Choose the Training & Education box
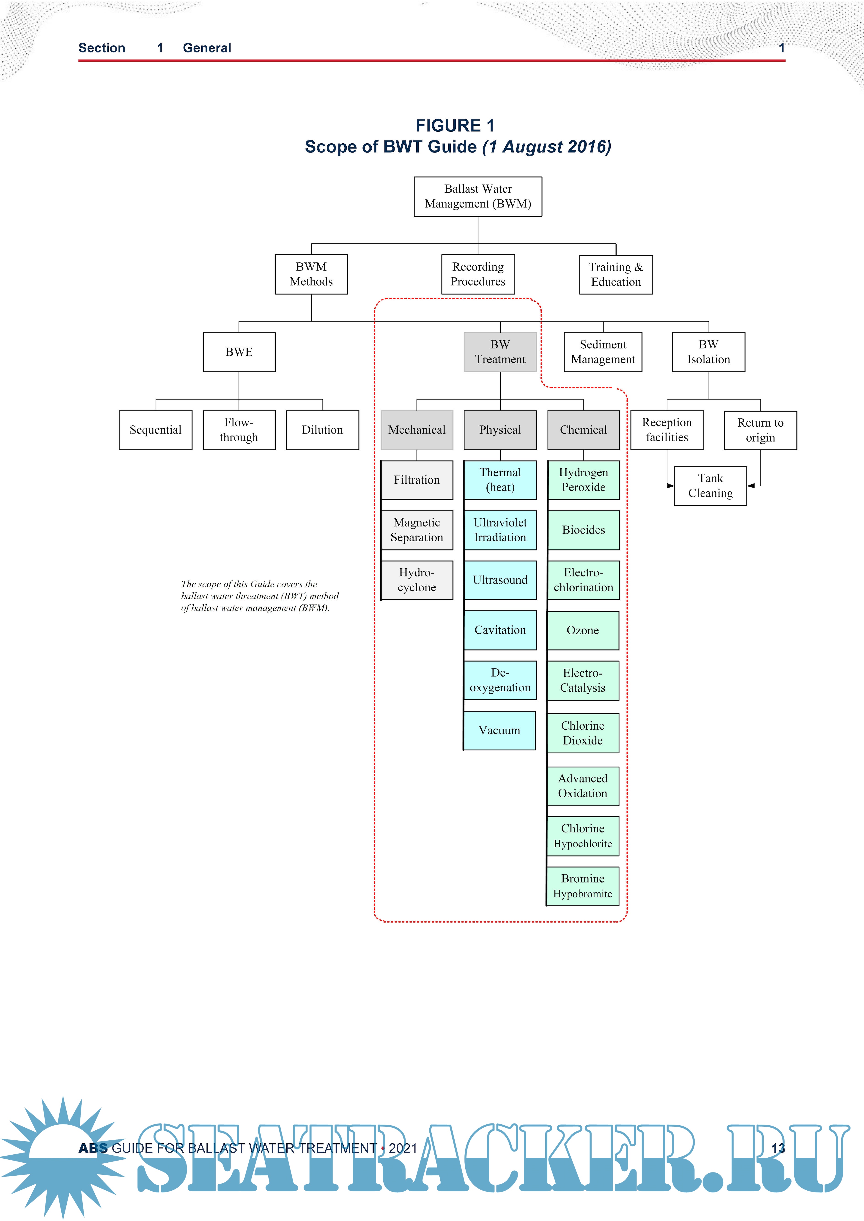click(x=616, y=274)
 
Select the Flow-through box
click(x=239, y=430)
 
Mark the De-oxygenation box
click(x=500, y=680)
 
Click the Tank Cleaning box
click(x=710, y=485)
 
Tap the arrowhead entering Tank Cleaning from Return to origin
click(x=751, y=485)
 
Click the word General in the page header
click(x=207, y=48)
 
